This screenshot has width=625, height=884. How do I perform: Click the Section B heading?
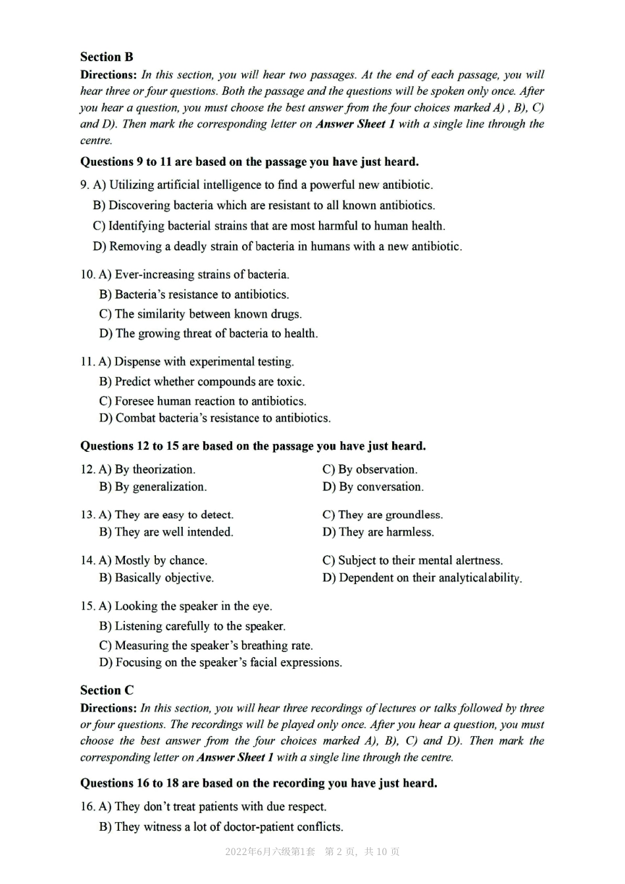[x=107, y=57]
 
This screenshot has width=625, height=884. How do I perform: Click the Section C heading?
[x=107, y=690]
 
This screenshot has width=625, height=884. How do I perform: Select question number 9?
[x=84, y=185]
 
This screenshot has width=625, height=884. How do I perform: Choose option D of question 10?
[x=209, y=333]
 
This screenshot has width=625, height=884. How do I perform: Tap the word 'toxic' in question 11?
[x=291, y=381]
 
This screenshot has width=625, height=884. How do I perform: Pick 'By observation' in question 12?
[x=370, y=470]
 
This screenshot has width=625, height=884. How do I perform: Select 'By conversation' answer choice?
[x=373, y=487]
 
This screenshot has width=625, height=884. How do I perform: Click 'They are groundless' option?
[x=382, y=515]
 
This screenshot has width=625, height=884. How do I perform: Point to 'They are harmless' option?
[x=378, y=532]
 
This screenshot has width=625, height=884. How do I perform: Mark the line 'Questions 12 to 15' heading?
[x=253, y=446]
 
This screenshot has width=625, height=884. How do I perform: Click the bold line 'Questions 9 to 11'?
[x=249, y=162]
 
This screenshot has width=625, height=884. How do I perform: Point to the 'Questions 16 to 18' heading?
[x=259, y=783]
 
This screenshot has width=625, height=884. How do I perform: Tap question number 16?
[x=87, y=807]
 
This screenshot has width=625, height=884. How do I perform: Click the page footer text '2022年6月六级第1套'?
[x=270, y=852]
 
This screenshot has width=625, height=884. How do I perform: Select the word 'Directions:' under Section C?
[x=109, y=708]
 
